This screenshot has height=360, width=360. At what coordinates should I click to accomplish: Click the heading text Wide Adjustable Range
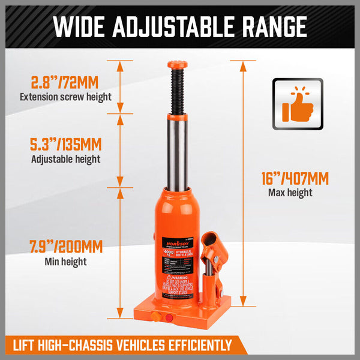[180, 26]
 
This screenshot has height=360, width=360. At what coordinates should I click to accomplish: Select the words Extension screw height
[65, 97]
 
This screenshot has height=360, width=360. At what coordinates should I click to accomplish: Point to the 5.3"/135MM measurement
[65, 145]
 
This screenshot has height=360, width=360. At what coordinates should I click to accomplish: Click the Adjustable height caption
[65, 160]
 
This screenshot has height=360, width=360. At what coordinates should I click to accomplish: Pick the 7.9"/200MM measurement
[65, 247]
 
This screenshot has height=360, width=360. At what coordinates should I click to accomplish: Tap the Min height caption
[65, 262]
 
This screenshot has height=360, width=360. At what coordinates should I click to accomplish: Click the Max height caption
[290, 193]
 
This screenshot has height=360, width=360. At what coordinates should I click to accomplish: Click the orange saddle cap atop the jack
[177, 64]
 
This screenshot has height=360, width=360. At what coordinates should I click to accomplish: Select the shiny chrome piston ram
[177, 150]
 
